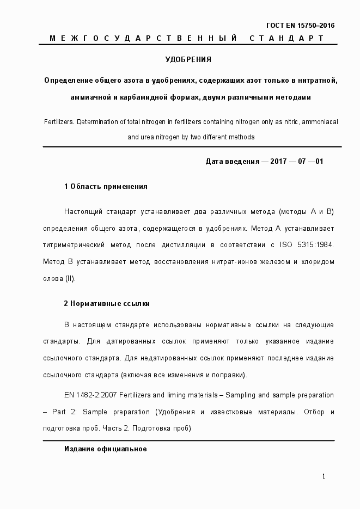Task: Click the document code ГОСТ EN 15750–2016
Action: [300, 25]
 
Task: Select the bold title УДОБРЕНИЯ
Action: [188, 59]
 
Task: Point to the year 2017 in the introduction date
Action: [278, 162]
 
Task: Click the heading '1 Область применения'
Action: [106, 187]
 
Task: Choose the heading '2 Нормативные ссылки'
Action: [107, 303]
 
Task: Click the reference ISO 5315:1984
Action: [307, 244]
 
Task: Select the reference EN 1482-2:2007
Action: [88, 394]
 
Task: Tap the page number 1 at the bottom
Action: [324, 476]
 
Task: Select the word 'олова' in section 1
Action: [53, 279]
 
